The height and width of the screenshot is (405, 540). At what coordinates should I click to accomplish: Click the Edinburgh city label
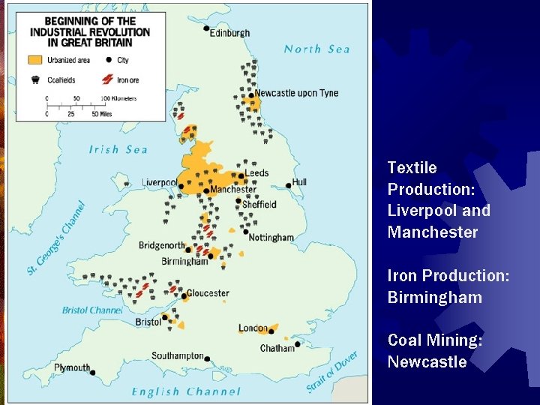(x=229, y=33)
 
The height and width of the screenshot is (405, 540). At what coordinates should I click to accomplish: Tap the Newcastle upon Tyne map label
(x=296, y=93)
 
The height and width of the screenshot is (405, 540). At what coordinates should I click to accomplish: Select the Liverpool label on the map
(x=159, y=182)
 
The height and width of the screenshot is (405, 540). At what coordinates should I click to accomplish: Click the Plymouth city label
(x=72, y=367)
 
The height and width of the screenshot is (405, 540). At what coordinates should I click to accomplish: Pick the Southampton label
(x=178, y=355)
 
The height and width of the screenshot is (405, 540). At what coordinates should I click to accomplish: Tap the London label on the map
(x=253, y=328)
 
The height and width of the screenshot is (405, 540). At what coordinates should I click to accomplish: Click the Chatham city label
(x=277, y=348)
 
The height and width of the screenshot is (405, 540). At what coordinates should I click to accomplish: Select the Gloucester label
(x=208, y=293)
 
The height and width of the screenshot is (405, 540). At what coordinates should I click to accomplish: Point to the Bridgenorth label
(x=161, y=245)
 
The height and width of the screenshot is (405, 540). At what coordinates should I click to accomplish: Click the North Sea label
(x=316, y=49)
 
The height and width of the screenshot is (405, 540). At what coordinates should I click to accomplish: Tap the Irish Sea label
(x=118, y=149)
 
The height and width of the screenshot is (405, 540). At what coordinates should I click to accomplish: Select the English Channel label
(x=186, y=391)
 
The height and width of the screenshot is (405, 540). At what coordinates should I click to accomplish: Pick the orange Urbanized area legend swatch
(x=35, y=59)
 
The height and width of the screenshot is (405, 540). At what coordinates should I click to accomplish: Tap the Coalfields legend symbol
(x=34, y=78)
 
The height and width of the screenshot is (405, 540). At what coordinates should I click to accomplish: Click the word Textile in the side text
(x=412, y=167)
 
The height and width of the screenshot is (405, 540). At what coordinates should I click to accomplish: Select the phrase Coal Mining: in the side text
(x=435, y=340)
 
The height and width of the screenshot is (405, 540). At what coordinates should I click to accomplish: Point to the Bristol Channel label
(x=91, y=310)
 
